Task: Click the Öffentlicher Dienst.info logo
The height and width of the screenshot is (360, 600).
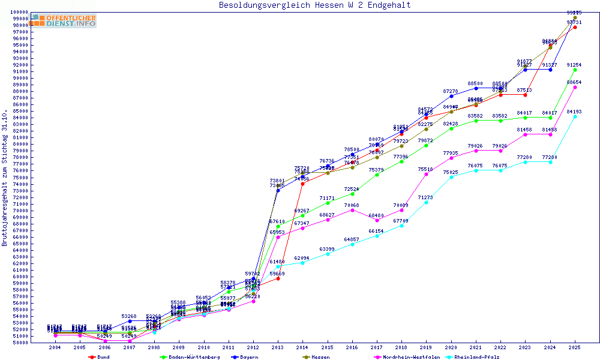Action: [63, 20]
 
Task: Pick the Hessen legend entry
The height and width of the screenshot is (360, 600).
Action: [320, 356]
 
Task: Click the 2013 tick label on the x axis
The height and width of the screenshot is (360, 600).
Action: [278, 347]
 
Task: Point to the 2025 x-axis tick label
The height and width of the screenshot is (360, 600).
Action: [575, 347]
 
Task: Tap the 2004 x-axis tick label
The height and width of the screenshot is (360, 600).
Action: [55, 347]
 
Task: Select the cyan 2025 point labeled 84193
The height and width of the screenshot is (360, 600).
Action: [575, 116]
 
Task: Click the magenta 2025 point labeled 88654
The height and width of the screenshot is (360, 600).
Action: [575, 87]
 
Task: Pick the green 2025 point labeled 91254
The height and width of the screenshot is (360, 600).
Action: [575, 70]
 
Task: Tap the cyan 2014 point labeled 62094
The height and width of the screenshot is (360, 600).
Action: [302, 263]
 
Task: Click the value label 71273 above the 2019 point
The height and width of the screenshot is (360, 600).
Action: [425, 197]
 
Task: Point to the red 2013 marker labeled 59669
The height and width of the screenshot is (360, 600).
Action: [278, 278]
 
